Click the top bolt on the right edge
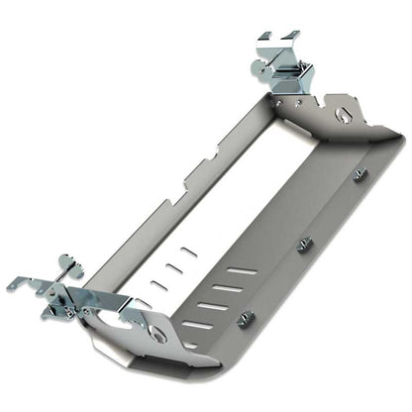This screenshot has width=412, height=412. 360,175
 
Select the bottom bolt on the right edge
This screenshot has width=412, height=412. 248,317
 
